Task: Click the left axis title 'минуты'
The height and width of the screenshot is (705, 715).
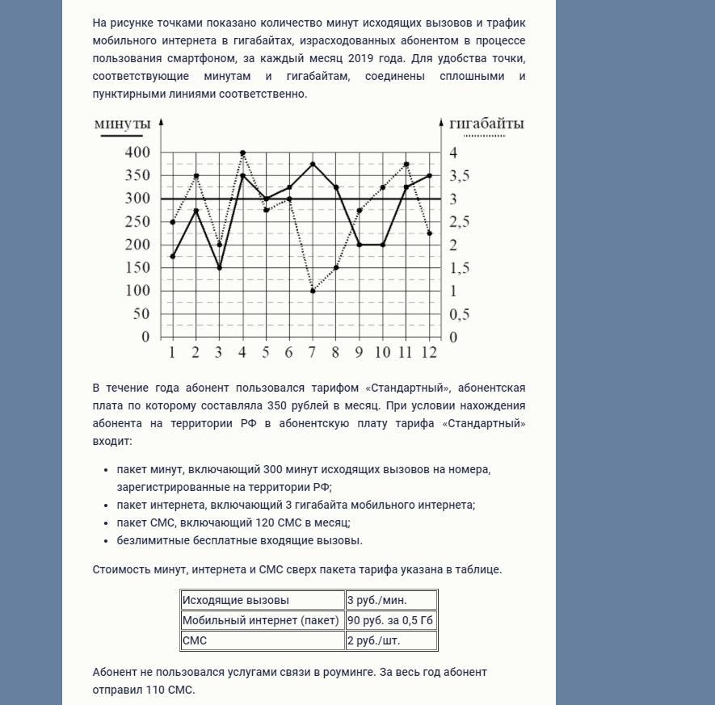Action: click(x=122, y=124)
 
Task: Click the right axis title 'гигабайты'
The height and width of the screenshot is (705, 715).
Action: click(x=486, y=124)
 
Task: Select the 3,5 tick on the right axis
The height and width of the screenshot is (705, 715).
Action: click(x=459, y=176)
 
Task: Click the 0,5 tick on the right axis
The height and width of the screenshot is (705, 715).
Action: click(x=459, y=314)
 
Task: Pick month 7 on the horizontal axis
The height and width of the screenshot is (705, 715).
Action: click(x=313, y=352)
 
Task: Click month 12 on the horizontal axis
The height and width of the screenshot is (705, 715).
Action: click(x=429, y=352)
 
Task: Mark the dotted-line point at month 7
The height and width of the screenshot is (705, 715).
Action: click(x=313, y=291)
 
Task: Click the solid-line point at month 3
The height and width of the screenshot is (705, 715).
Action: click(x=219, y=268)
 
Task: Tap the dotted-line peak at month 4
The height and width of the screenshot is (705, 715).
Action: click(x=242, y=153)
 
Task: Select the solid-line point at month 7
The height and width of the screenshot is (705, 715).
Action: click(x=313, y=164)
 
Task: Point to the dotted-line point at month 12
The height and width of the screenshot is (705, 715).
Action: click(x=429, y=233)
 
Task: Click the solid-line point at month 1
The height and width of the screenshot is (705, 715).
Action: click(x=172, y=256)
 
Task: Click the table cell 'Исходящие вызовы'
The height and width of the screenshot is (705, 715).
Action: click(x=263, y=600)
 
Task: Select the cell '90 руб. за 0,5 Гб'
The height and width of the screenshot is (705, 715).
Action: click(x=391, y=620)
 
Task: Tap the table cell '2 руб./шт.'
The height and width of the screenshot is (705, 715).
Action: click(x=391, y=640)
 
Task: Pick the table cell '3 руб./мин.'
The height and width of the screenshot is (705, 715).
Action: click(x=391, y=600)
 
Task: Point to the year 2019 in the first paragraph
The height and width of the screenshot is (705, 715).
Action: click(x=360, y=58)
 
